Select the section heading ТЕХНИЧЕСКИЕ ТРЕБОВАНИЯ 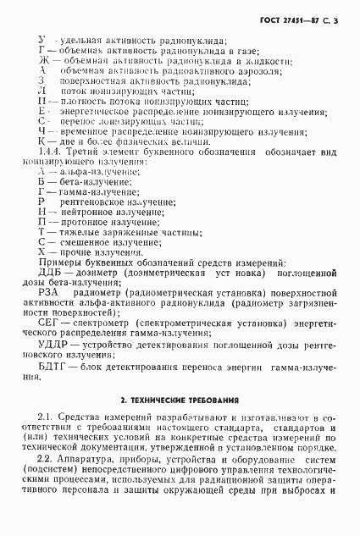pos(179,398)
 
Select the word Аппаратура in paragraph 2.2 pos(86,457)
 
